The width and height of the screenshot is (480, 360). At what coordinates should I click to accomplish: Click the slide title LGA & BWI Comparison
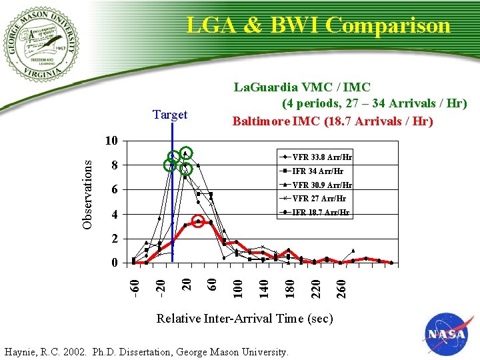[x=319, y=25]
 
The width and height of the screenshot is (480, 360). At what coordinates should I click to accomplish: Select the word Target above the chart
[x=170, y=115]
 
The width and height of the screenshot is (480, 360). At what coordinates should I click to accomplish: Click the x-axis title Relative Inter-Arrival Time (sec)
[x=244, y=319]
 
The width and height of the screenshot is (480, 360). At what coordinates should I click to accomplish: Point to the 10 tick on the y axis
[x=112, y=141]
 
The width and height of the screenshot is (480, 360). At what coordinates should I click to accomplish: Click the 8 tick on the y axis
[x=115, y=165]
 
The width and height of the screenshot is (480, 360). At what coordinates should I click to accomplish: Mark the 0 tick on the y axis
[x=115, y=263]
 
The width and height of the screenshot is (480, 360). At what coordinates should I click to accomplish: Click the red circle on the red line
[x=198, y=221]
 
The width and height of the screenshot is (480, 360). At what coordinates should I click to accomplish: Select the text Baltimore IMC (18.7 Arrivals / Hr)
[x=333, y=121]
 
